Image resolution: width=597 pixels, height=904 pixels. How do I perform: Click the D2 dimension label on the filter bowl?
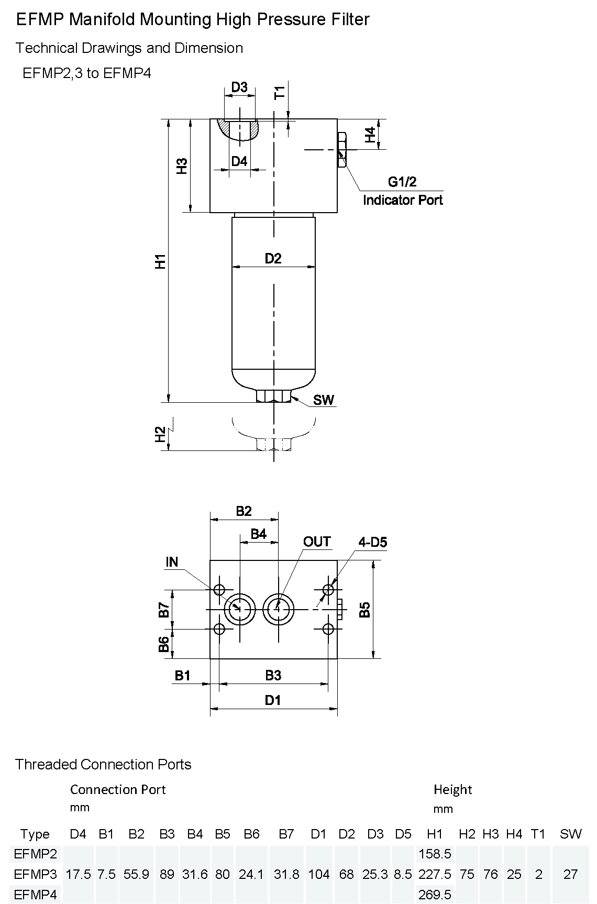tap(273, 258)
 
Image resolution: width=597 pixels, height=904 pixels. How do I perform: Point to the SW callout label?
tap(324, 400)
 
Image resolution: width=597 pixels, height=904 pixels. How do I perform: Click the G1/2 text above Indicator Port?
tap(402, 182)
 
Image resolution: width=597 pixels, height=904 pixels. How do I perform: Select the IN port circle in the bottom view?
tap(239, 609)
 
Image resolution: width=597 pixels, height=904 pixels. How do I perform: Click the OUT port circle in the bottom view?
tap(278, 609)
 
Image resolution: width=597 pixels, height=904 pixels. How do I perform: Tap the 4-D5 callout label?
tap(373, 543)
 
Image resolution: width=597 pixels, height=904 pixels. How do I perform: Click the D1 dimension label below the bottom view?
tap(273, 700)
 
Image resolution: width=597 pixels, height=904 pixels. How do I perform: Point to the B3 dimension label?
tap(273, 675)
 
